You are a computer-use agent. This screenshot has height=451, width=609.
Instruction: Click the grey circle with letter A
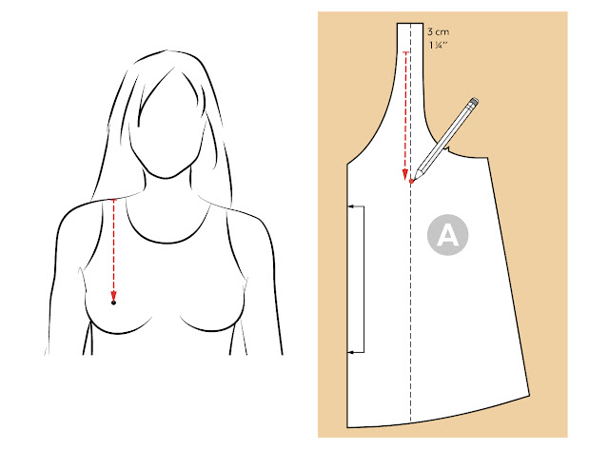click(x=447, y=235)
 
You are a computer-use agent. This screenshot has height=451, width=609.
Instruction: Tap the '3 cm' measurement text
click(x=438, y=31)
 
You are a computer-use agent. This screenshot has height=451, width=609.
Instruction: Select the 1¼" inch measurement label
click(x=438, y=45)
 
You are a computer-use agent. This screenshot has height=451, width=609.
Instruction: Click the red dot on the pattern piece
click(x=411, y=181)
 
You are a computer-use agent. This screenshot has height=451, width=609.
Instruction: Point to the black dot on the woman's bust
click(x=113, y=303)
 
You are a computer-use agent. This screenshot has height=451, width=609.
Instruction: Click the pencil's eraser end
click(x=474, y=102)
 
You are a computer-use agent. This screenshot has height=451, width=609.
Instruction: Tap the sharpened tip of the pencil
click(x=415, y=178)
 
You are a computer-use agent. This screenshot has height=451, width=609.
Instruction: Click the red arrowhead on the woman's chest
click(x=113, y=294)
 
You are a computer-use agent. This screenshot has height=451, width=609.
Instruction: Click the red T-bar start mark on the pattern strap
click(x=406, y=52)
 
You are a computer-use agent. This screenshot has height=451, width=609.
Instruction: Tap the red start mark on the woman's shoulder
click(x=113, y=200)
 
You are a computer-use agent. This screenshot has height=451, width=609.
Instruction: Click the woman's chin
click(x=165, y=178)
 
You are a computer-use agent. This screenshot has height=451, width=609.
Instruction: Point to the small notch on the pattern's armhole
click(x=448, y=149)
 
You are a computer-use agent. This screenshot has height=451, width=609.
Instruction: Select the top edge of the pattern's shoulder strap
click(x=410, y=23)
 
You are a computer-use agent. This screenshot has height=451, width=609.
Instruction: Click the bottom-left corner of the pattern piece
click(x=347, y=427)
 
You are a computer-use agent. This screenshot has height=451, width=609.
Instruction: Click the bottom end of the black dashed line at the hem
click(x=411, y=422)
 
